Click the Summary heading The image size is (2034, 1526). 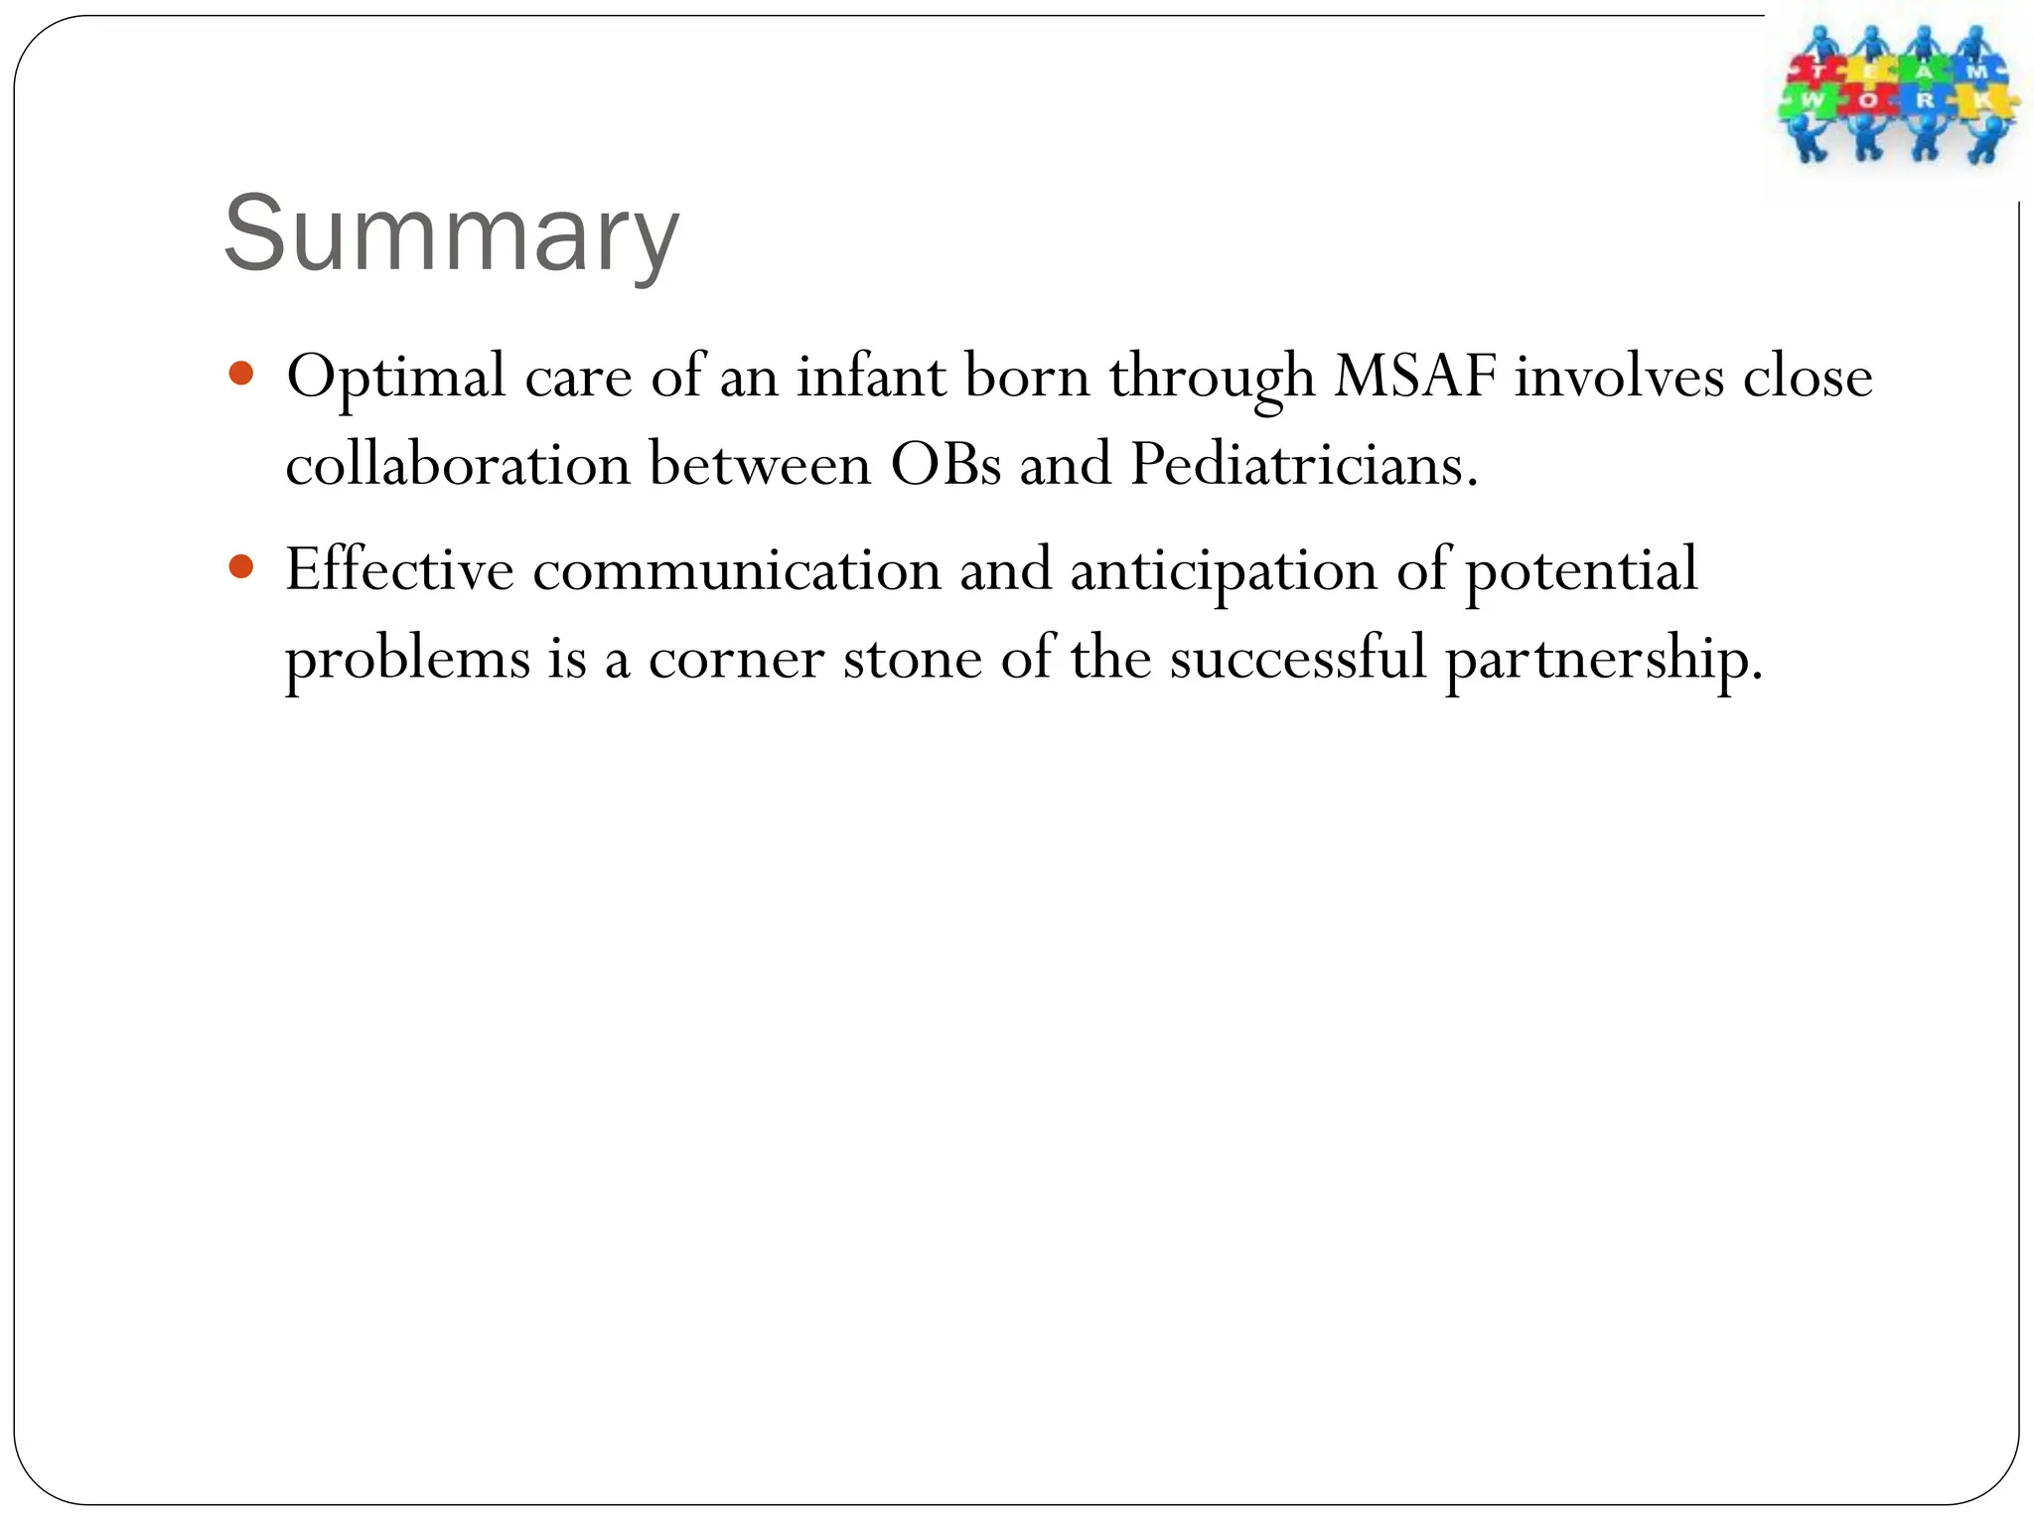coord(452,233)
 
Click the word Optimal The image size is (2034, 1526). coord(396,378)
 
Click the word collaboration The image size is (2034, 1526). coord(458,464)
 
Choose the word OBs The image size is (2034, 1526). coord(945,464)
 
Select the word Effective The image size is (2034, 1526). coord(399,570)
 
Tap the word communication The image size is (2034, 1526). coord(737,570)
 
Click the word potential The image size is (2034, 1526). coord(1580,572)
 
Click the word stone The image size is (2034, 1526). coord(912,658)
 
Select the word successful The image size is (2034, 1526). coord(1297,658)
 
